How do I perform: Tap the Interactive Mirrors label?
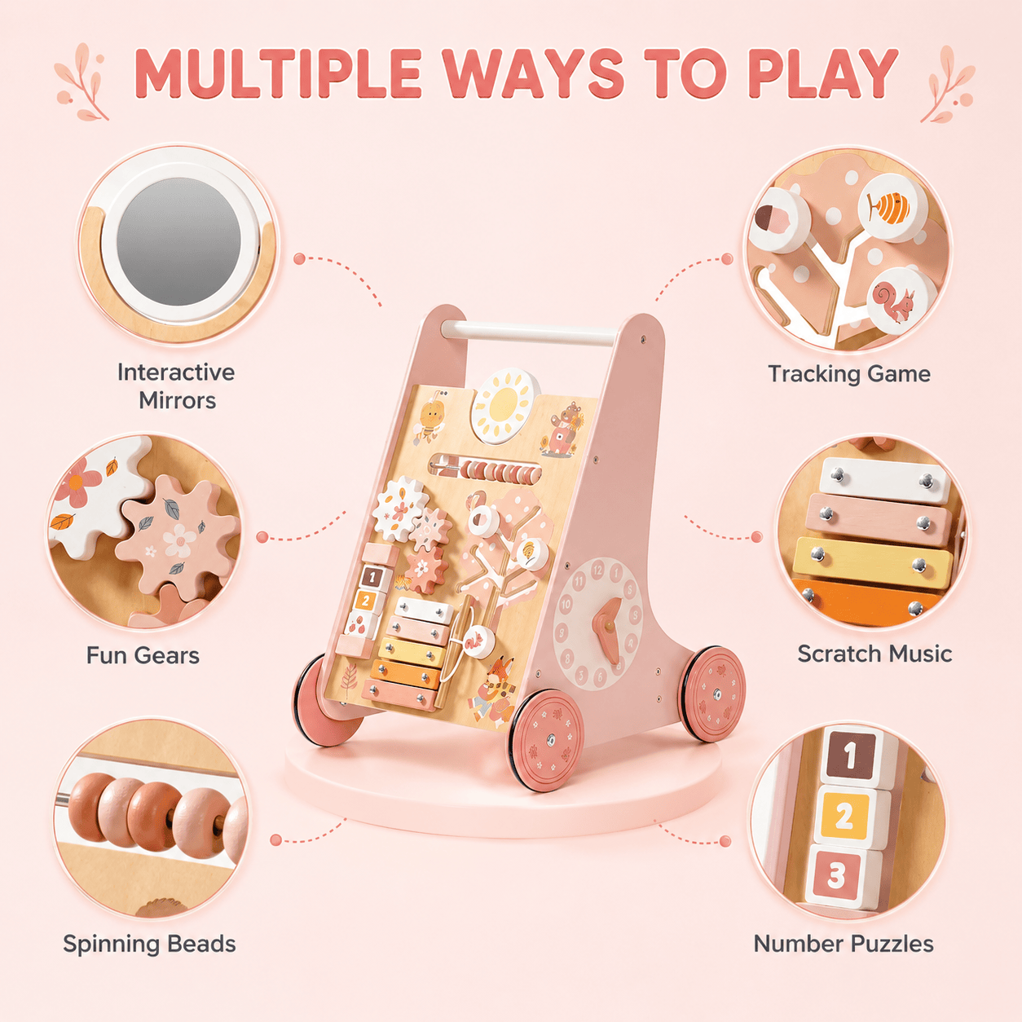176,386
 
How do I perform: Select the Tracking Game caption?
849,374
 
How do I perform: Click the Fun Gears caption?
143,655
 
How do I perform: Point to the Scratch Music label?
874,654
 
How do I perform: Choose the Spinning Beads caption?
149,944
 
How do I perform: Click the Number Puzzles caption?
844,944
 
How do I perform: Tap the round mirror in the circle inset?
178,241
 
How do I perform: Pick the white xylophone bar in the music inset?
883,481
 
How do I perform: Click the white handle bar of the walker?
529,333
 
